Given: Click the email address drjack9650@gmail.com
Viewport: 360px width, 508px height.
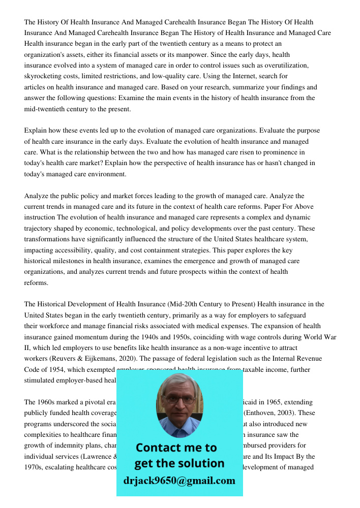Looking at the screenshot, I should pos(179,481).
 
